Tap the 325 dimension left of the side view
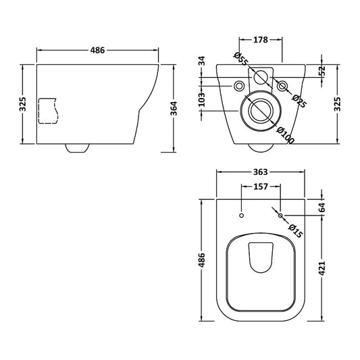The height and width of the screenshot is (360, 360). [x=23, y=104]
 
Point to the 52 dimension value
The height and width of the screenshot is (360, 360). [x=322, y=69]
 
